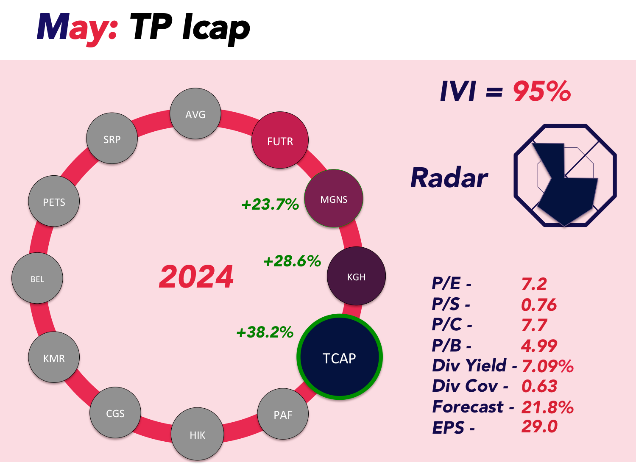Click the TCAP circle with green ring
[x=339, y=357]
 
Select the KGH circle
[x=356, y=276]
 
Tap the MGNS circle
[x=334, y=198]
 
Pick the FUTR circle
[x=280, y=140]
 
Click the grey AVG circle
[x=195, y=113]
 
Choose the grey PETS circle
[x=54, y=201]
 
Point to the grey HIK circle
[x=197, y=434]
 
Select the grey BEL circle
[x=37, y=278]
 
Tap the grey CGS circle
[x=115, y=412]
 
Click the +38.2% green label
[x=265, y=332]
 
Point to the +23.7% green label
[x=270, y=204]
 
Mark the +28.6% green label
[x=292, y=261]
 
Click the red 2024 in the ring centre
[x=196, y=277]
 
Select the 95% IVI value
[x=542, y=91]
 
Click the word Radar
[x=449, y=178]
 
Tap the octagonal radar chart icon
[x=565, y=175]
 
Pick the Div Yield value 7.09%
[x=547, y=366]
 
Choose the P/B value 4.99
[x=539, y=346]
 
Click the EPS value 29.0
[x=539, y=426]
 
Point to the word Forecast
[x=468, y=407]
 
